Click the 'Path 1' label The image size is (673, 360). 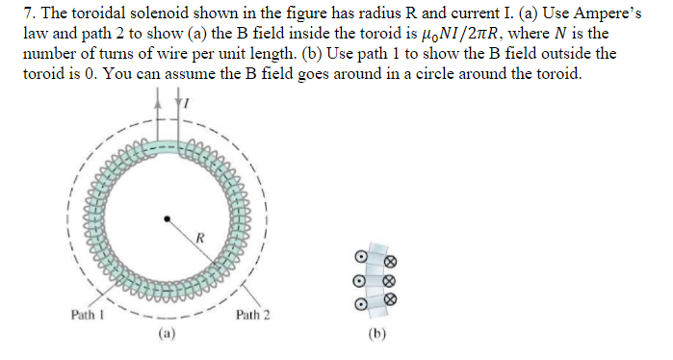click(88, 314)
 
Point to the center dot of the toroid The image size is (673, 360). click(167, 219)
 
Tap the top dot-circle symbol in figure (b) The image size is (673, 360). click(360, 258)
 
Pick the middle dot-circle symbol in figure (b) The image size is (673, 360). click(360, 280)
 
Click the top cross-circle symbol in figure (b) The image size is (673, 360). click(391, 261)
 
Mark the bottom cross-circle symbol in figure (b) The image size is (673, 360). click(391, 299)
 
